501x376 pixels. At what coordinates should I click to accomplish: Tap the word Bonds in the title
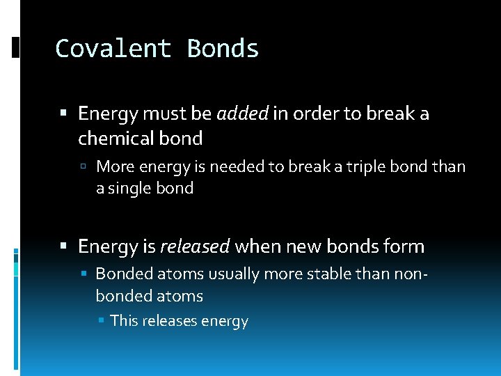(223, 49)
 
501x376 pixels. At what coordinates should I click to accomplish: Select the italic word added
(242, 113)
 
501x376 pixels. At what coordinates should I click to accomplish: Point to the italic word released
(195, 246)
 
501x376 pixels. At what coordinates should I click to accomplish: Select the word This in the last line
(124, 321)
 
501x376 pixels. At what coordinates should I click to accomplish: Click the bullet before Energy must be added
(64, 113)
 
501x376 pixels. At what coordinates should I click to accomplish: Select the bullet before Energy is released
(64, 246)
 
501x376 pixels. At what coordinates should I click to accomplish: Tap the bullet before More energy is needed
(83, 167)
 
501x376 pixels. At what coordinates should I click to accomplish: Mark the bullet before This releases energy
(102, 321)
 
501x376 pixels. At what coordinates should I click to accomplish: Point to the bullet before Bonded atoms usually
(83, 274)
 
